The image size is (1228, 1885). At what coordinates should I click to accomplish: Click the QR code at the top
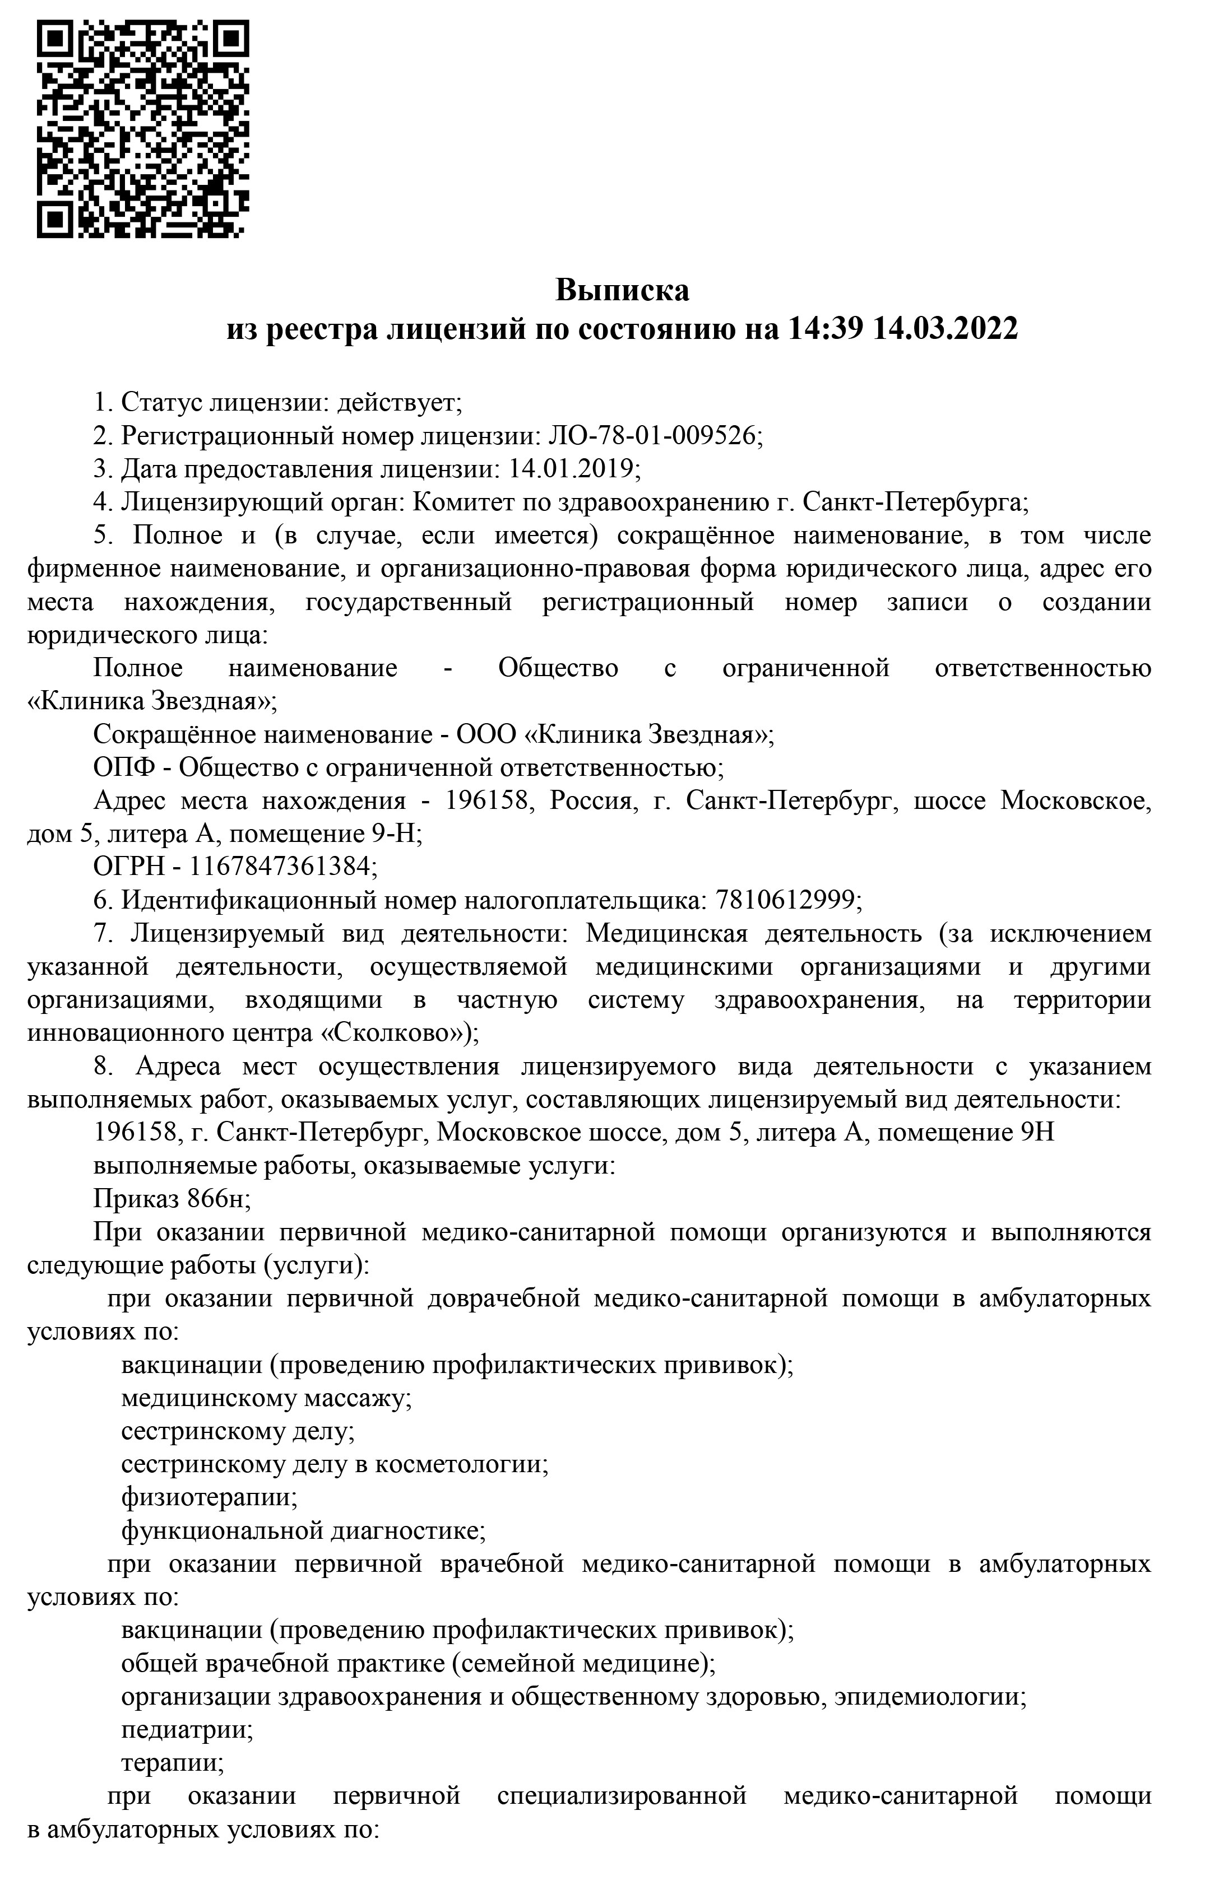point(142,128)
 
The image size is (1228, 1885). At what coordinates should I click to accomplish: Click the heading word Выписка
point(622,290)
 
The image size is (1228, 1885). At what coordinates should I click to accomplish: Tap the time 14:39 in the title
point(823,328)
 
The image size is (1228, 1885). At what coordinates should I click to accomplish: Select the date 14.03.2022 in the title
point(944,328)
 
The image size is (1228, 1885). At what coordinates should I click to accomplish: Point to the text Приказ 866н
point(171,1200)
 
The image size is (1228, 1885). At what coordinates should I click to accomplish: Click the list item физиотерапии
point(209,1498)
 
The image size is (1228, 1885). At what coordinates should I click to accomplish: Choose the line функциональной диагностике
point(303,1532)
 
